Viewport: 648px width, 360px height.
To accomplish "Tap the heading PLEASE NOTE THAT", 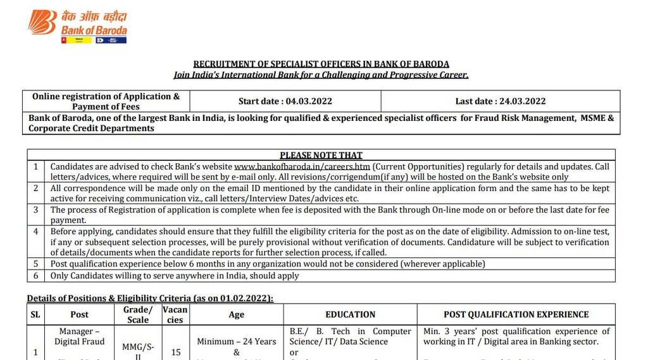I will click(x=321, y=155).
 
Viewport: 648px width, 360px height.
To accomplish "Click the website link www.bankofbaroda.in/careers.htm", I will click(x=302, y=166).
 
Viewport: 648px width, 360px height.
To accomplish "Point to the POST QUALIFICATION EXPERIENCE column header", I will click(x=516, y=314).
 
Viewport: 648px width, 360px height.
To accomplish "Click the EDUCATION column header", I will click(x=350, y=314).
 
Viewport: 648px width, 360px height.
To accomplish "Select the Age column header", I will click(x=236, y=314).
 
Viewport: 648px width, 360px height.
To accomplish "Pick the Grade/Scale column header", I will click(x=138, y=314).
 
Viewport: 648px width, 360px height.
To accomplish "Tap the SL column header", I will click(x=35, y=314).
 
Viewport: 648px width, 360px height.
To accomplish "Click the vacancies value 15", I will click(x=175, y=352).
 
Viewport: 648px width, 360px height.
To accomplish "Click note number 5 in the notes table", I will click(x=36, y=264).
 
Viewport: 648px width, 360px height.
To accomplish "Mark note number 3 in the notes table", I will click(x=36, y=209).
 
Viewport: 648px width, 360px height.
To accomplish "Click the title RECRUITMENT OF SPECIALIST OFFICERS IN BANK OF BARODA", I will click(x=321, y=64).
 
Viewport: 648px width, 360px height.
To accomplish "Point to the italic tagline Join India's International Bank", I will click(x=321, y=75).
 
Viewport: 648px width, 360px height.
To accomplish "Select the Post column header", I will click(x=80, y=314).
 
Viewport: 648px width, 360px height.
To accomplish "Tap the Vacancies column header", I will click(x=175, y=314).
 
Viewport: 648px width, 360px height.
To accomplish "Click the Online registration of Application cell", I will click(x=106, y=101).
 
